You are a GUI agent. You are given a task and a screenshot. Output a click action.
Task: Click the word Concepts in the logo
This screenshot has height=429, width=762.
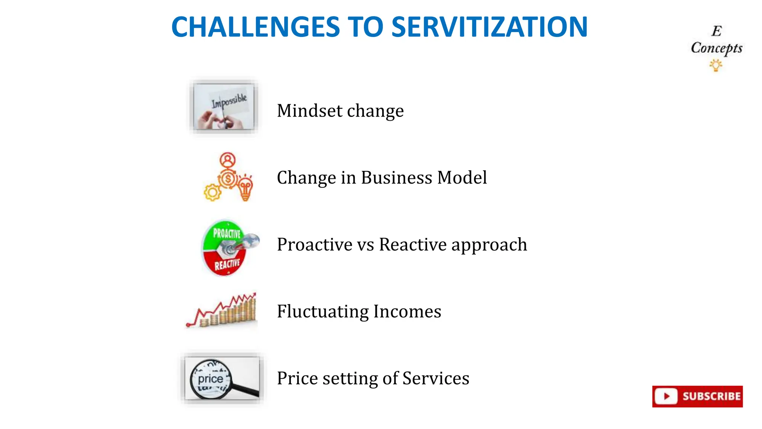tap(716, 48)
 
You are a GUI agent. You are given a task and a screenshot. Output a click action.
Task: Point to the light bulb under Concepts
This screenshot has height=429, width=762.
tap(715, 66)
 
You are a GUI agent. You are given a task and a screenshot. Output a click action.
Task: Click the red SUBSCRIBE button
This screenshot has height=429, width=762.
tap(697, 396)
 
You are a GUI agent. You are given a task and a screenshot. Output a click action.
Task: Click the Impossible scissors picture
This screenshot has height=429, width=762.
tap(224, 107)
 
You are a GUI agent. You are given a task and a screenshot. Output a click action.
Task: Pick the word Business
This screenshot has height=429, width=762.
tap(397, 178)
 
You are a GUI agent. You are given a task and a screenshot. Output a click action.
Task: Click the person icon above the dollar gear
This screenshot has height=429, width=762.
tap(228, 160)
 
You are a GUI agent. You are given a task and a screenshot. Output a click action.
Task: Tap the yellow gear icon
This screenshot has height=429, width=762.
tap(212, 193)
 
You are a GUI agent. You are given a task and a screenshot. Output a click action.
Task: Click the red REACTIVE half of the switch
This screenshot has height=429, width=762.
tap(227, 265)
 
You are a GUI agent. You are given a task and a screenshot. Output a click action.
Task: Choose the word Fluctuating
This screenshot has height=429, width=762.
tap(323, 311)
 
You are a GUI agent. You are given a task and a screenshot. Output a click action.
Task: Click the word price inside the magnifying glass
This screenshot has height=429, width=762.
tap(211, 379)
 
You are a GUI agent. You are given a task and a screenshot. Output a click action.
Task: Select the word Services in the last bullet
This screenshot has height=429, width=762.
tap(436, 378)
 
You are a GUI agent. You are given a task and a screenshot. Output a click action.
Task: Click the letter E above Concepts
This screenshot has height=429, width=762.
tap(717, 31)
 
